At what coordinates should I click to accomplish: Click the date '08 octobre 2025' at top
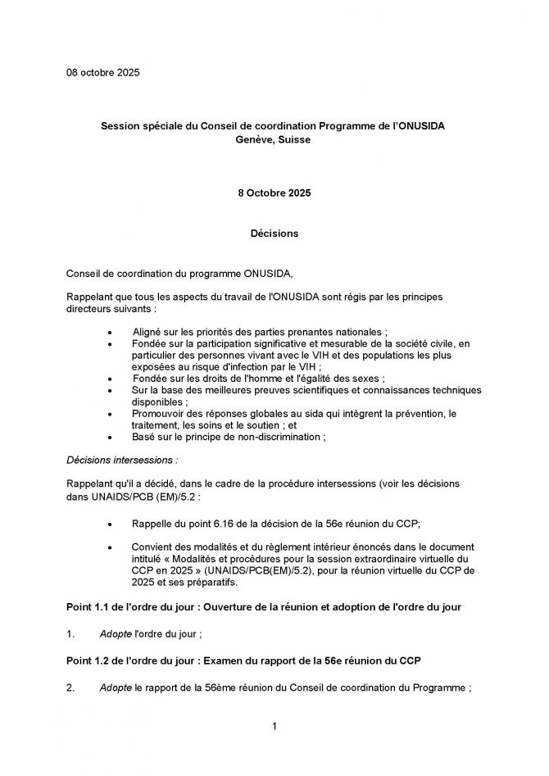click(x=103, y=73)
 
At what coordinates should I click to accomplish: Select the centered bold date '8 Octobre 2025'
click(x=274, y=193)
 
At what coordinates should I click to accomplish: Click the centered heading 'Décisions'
click(x=274, y=234)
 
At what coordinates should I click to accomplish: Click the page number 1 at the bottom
click(x=274, y=726)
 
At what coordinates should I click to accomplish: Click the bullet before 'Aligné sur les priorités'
click(x=111, y=332)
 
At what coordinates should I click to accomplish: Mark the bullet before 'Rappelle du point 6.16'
click(x=111, y=522)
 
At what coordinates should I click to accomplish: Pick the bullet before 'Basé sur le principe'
click(x=111, y=438)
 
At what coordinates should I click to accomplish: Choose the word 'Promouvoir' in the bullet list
click(x=160, y=414)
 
